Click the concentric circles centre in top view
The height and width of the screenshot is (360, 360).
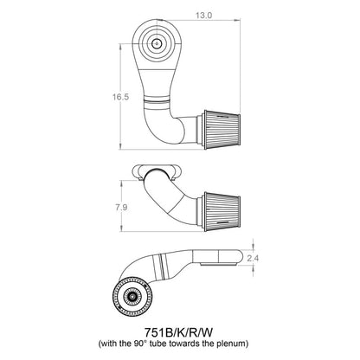[x=157, y=41]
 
